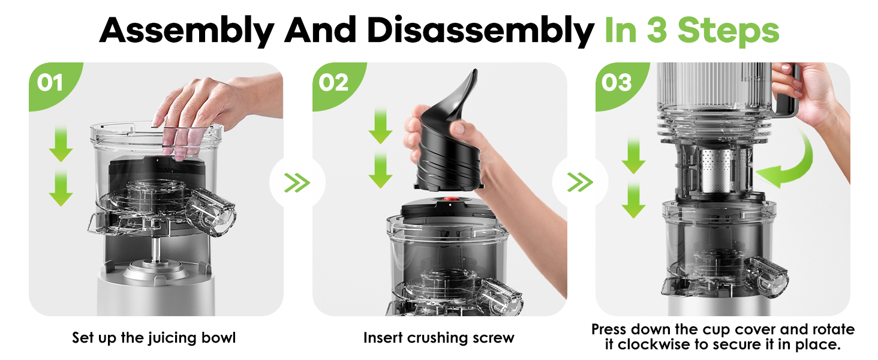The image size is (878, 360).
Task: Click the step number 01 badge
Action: coord(50,83)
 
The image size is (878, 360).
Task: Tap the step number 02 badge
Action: coord(334,83)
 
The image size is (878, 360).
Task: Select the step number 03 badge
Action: coord(617,83)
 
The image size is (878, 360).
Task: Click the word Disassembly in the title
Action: coord(480,31)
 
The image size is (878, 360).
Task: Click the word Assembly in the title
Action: coord(187,31)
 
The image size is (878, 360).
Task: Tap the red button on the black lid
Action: coord(451,200)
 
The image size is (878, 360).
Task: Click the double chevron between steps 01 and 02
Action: coord(297,182)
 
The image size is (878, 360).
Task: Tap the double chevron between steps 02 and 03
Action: coord(580,182)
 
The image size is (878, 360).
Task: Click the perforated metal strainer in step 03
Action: coord(717,170)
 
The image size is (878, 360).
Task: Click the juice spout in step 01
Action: coord(211,212)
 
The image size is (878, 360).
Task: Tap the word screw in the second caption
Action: coord(494,338)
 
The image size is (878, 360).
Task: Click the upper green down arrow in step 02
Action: coord(380,126)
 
